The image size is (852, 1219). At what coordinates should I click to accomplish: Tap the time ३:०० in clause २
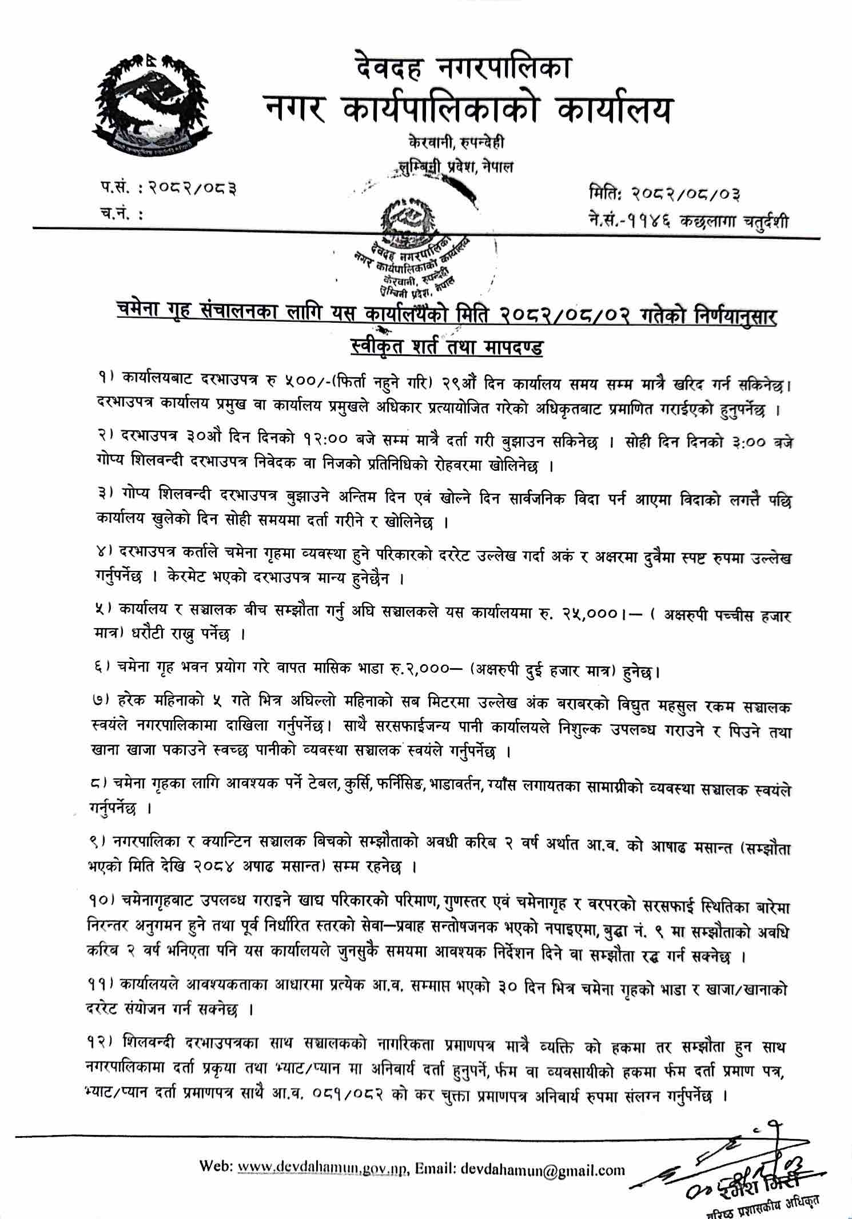743,443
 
